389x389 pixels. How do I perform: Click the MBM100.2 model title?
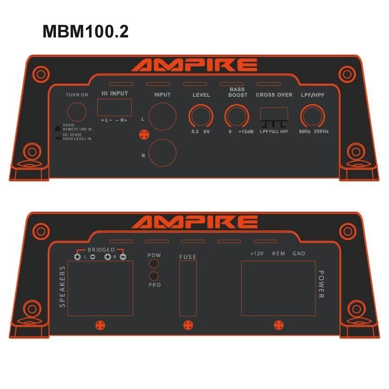(86, 32)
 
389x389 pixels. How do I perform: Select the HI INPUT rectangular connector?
(114, 107)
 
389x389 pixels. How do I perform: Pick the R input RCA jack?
(162, 154)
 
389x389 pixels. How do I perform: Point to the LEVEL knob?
(201, 117)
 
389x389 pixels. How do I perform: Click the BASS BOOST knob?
(236, 117)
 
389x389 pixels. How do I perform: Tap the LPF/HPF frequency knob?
(312, 117)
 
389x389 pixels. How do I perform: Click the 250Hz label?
(321, 132)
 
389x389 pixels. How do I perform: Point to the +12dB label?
(247, 132)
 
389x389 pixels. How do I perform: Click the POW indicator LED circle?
(154, 264)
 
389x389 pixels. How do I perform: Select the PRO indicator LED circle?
(154, 276)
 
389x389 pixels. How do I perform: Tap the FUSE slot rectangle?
(188, 287)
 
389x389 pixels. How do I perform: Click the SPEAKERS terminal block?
(100, 288)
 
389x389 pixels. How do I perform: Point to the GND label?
(299, 253)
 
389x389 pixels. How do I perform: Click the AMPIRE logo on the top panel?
(194, 65)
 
